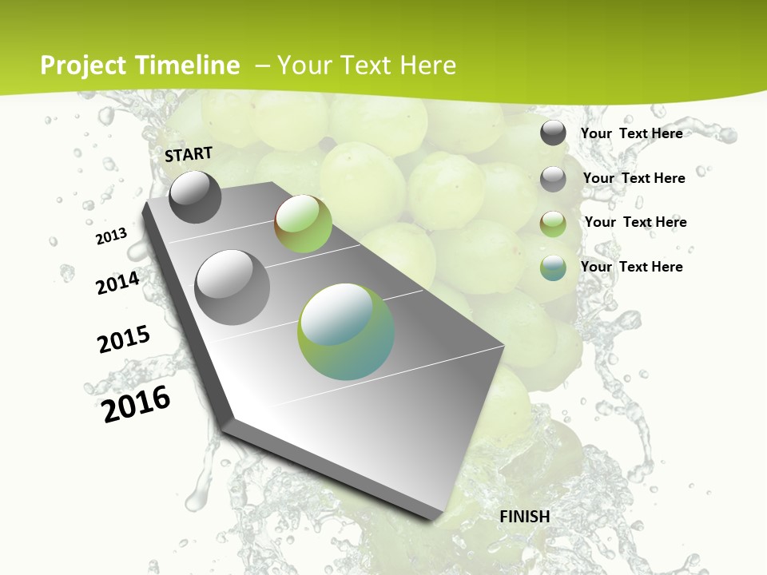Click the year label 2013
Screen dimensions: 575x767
[112, 236]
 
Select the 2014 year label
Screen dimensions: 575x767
[118, 283]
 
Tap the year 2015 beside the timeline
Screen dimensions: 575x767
[124, 339]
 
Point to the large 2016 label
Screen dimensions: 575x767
[137, 403]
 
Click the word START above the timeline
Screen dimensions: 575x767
[189, 154]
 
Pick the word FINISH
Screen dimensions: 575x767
[525, 517]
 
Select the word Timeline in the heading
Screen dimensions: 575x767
[189, 65]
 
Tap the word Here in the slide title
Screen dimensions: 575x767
[427, 65]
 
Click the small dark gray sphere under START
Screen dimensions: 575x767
[195, 196]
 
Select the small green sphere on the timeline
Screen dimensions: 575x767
[303, 223]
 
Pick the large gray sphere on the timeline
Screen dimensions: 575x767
[232, 287]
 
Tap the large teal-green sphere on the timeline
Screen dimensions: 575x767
[346, 331]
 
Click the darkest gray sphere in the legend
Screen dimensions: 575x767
[553, 133]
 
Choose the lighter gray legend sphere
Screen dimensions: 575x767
[553, 179]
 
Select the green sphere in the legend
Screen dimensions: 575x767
[553, 224]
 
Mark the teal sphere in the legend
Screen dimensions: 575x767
[553, 268]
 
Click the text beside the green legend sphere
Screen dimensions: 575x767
[635, 222]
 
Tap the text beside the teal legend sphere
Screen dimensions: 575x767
[632, 267]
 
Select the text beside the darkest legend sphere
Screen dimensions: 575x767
[632, 133]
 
